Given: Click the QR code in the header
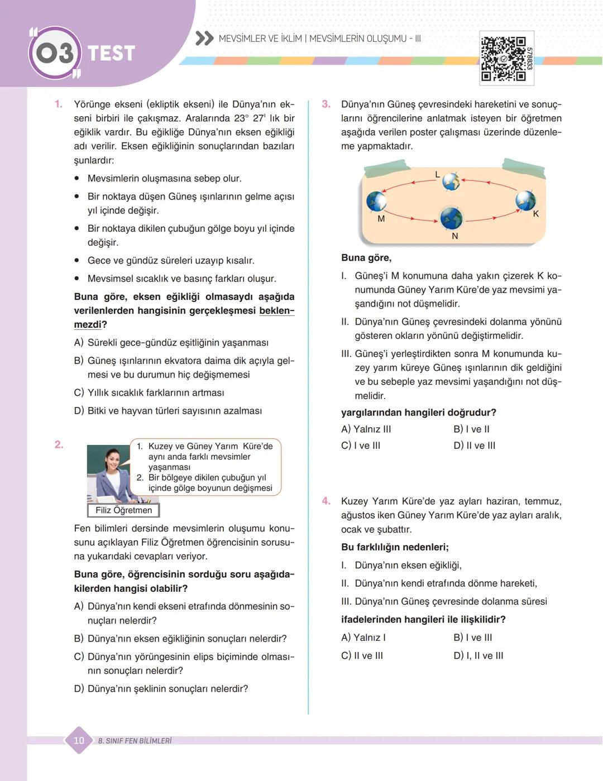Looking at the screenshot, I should pos(504,59).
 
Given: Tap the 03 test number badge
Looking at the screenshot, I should pos(54,54).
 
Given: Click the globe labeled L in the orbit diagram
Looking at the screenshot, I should pos(451,181).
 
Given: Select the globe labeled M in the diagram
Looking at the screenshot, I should pos(376,202).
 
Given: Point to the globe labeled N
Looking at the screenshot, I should pos(451,218).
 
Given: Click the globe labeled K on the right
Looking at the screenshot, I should pos(525,200).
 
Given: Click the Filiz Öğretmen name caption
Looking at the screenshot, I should pos(123,510).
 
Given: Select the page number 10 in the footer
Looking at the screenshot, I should pos(79,740).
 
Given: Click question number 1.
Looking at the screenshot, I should pos(58,104).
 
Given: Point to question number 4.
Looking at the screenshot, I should pos(326,501).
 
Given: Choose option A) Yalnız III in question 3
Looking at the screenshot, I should pos(366,429).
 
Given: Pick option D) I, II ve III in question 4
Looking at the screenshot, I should pos(478,655).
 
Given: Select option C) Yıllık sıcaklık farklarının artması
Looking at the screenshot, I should pos(149,392).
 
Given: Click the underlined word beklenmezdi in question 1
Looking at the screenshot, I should pos(276,311).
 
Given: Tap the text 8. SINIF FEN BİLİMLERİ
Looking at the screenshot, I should pos(135,741).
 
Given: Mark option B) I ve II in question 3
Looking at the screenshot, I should pos(471,429).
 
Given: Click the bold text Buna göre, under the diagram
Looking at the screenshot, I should pos(366,258).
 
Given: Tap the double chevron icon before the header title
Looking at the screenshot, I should pos(205,39).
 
